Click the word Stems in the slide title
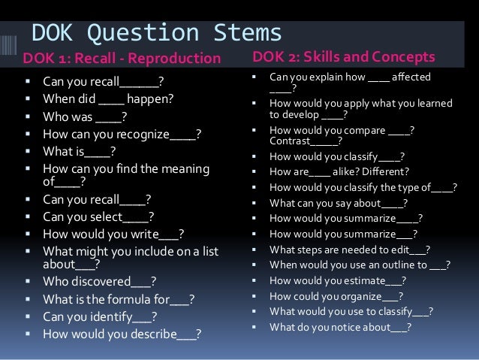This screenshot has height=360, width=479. tap(243, 33)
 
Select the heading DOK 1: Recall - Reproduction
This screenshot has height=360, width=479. tap(122, 59)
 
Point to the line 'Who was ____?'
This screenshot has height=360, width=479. tap(85, 116)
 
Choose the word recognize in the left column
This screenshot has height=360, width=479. tap(139, 135)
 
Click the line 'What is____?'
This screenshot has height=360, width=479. tap(79, 153)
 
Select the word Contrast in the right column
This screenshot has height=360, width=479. tap(288, 141)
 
